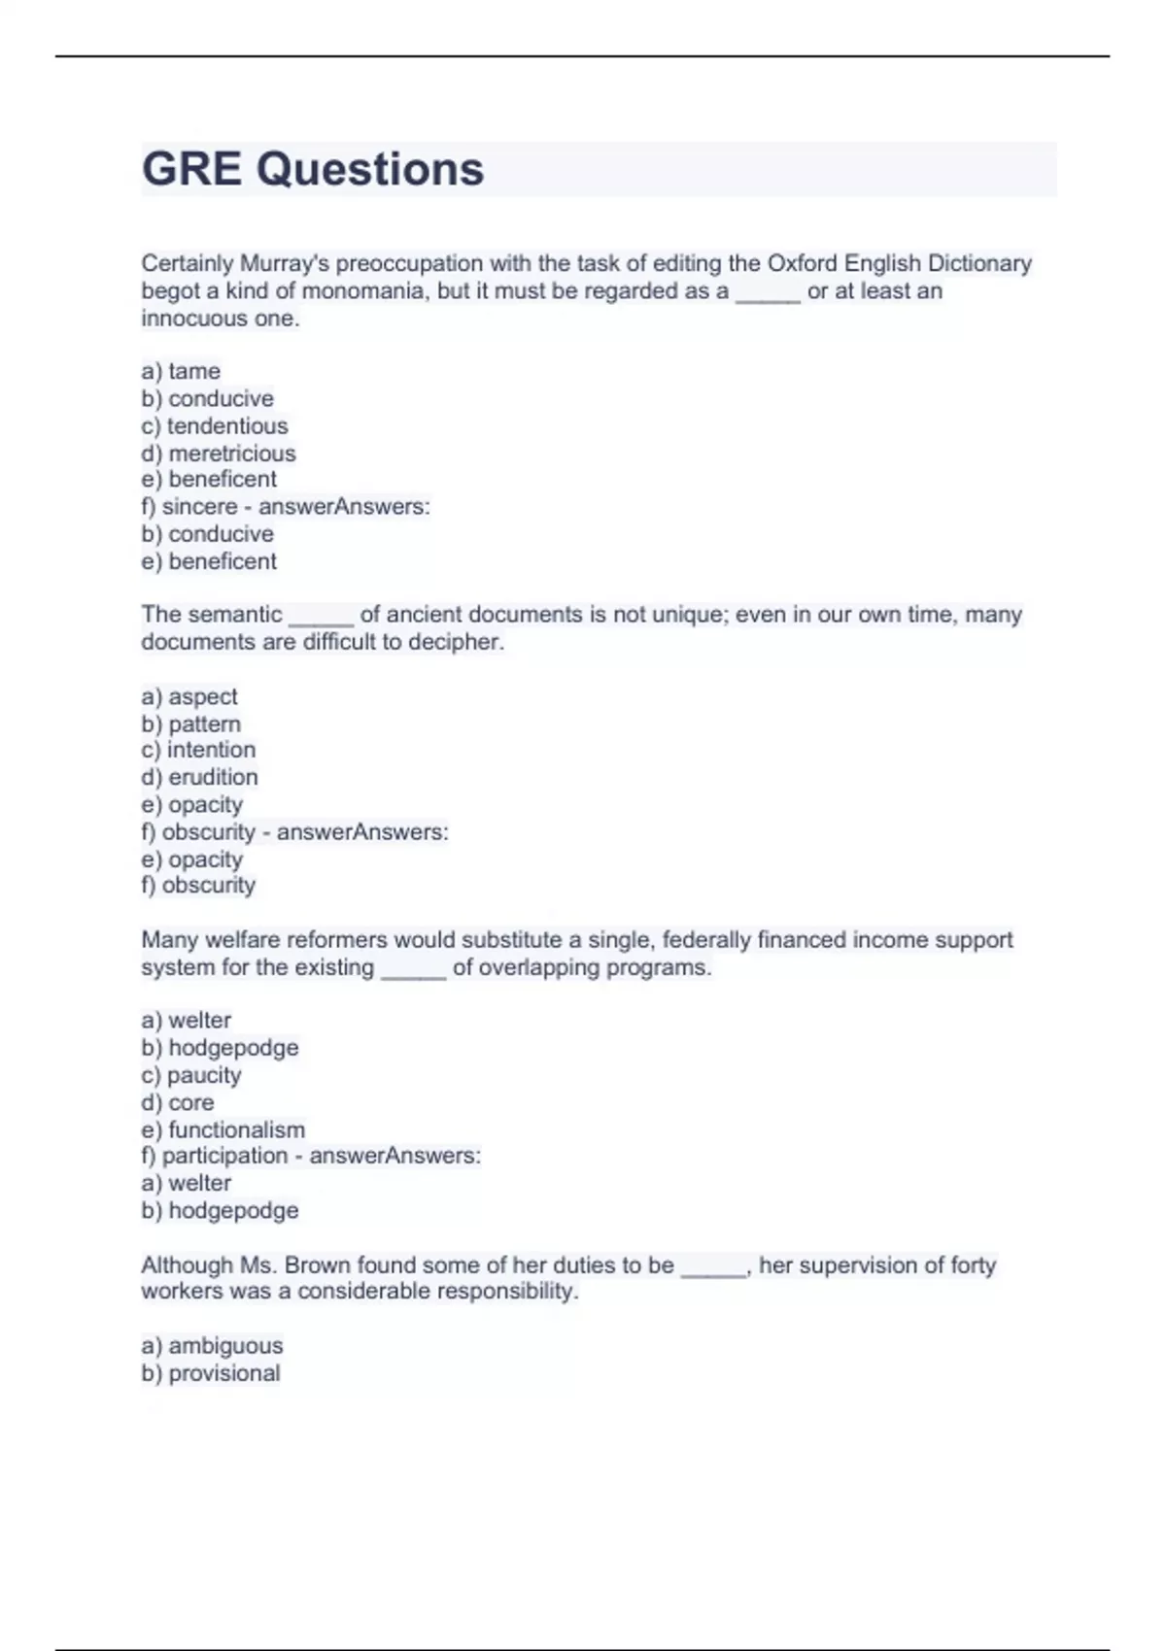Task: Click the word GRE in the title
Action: [x=191, y=169]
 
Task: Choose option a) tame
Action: [x=181, y=371]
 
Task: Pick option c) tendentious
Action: [x=215, y=425]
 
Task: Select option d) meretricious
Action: [x=219, y=453]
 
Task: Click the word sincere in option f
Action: [x=199, y=506]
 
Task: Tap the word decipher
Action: [x=456, y=642]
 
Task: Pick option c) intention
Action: [x=198, y=750]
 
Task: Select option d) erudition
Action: [x=199, y=777]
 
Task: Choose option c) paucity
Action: [x=190, y=1075]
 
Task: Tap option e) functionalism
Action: [x=223, y=1129]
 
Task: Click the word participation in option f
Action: [x=224, y=1156]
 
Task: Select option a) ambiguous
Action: [x=212, y=1345]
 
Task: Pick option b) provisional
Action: [x=211, y=1372]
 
